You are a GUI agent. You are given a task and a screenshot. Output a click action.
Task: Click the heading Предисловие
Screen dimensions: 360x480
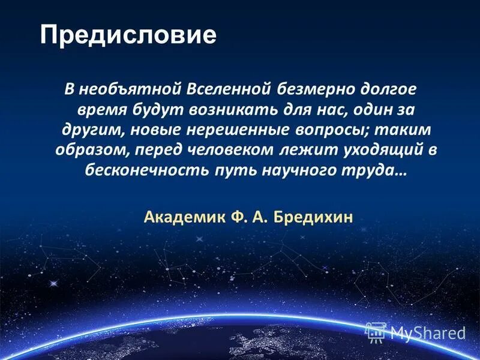[128, 35]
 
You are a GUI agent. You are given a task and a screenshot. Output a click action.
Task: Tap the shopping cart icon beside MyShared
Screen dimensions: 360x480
[376, 331]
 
